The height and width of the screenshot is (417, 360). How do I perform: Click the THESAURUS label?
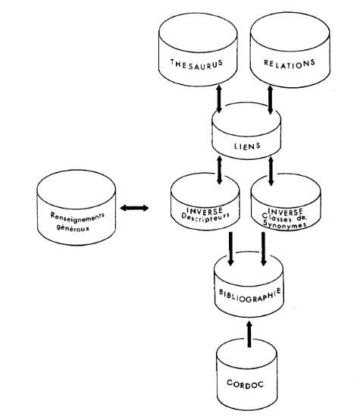196,64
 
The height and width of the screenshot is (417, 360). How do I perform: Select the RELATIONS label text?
290,64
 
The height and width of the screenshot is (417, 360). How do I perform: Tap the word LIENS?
247,146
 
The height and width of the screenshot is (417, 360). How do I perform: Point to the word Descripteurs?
205,218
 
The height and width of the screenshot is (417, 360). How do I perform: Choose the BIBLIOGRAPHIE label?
250,295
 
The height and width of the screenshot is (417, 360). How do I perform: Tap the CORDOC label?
245,384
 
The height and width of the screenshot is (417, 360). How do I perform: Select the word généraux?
73,227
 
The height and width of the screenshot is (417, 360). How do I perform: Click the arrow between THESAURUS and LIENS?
219,99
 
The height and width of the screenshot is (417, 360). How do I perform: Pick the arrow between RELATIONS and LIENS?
270,100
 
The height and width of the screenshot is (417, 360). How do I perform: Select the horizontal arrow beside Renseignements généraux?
134,208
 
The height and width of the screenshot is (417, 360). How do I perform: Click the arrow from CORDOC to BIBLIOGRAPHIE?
249,334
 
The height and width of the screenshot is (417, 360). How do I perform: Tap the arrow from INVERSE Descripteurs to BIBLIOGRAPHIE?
230,249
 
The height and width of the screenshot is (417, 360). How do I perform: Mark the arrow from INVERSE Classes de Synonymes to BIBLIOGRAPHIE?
264,249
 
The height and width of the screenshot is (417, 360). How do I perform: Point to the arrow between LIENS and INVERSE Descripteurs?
219,170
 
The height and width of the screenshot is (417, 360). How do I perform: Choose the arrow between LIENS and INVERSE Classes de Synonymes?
271,171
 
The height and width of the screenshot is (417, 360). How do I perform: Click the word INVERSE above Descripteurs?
205,211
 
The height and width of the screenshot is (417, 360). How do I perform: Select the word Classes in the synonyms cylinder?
277,218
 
